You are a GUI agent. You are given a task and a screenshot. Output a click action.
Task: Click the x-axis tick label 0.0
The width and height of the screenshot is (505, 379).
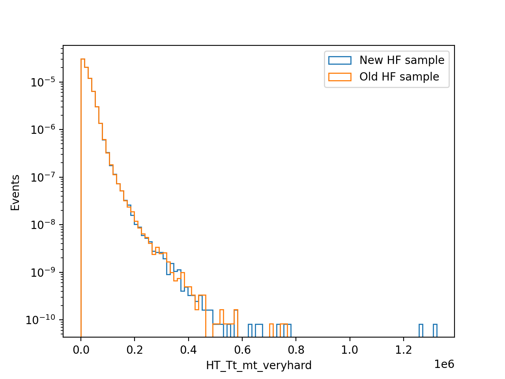81,350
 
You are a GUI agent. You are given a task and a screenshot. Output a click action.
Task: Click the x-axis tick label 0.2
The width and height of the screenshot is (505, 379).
135,350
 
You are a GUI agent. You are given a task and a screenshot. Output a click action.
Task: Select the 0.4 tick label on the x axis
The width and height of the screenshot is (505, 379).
189,350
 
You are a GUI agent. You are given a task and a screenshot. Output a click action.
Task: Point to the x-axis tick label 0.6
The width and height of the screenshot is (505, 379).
242,350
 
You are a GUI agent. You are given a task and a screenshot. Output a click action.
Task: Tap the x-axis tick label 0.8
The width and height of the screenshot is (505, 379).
296,350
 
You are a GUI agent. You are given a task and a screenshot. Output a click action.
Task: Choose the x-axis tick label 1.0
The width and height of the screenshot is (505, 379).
350,350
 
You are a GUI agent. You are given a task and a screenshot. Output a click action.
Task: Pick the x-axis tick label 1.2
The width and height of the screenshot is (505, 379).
404,350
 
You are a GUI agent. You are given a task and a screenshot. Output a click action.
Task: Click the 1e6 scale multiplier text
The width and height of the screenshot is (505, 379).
444,364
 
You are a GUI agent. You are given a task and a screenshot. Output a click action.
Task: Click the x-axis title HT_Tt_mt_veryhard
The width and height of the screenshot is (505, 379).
259,366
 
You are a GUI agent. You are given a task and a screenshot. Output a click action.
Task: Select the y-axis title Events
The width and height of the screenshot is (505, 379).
15,193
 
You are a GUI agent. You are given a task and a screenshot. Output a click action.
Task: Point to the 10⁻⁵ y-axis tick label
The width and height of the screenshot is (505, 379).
43,82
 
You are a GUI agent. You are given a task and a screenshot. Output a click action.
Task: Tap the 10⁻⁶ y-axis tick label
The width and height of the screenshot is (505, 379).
43,129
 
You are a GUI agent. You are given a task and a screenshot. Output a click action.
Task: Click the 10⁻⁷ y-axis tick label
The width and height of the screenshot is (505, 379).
43,177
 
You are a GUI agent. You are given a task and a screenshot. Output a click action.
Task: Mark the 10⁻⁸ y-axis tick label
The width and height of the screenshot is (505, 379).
43,225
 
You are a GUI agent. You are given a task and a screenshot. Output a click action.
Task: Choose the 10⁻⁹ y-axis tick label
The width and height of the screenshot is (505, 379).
43,272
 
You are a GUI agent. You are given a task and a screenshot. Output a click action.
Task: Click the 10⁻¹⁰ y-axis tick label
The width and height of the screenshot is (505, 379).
41,320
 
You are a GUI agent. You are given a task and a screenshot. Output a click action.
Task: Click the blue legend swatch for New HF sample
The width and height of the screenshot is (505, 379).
340,60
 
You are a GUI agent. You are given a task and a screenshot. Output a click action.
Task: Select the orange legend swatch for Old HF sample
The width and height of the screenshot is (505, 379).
340,77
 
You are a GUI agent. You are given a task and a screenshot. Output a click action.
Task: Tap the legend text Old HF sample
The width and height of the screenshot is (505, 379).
399,77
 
